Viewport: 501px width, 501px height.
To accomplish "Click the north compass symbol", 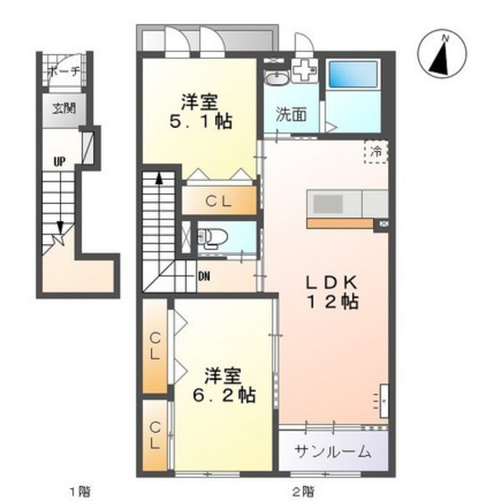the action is (442, 54).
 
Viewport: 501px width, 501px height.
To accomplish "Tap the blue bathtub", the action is (353, 74).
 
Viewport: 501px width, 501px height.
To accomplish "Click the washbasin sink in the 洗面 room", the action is (276, 78).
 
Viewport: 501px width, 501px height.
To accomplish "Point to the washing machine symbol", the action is (304, 71).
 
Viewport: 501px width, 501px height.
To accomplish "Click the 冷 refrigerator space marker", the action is (377, 152).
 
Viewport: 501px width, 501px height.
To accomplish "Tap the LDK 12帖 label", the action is (332, 292).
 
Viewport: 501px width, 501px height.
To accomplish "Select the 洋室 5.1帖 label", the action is (200, 111).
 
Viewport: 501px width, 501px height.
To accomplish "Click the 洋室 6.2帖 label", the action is (224, 385).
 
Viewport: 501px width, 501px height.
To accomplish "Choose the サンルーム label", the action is (333, 452).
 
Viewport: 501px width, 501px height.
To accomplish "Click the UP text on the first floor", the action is (59, 162).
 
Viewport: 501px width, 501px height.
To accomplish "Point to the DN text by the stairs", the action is (204, 276).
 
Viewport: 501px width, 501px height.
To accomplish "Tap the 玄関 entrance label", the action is (64, 109).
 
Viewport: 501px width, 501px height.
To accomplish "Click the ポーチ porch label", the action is (64, 72).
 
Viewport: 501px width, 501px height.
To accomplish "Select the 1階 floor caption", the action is (80, 491).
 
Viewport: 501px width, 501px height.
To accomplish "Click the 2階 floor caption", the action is (303, 491).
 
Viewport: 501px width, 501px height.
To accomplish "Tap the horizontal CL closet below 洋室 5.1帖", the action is (219, 200).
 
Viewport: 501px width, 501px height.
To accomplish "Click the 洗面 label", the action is (291, 115).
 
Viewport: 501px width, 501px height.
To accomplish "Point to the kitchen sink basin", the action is (327, 204).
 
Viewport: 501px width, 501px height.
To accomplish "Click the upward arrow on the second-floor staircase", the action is (159, 179).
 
